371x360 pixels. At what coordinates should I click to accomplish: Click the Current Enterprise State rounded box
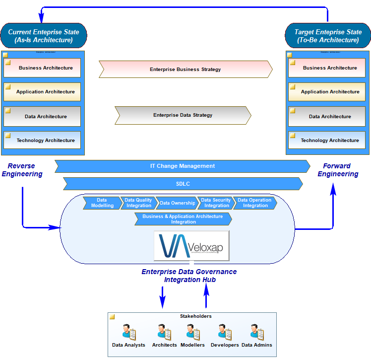(x=44, y=36)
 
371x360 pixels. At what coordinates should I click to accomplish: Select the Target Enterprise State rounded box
(x=327, y=36)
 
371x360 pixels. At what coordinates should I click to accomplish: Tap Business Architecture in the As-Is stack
(x=42, y=68)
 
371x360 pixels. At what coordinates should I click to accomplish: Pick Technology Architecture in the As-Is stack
(x=42, y=141)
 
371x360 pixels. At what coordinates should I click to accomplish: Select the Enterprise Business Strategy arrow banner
(x=185, y=70)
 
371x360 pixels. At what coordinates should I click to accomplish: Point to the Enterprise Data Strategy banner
(x=183, y=115)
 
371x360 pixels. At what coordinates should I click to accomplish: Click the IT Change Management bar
(x=183, y=166)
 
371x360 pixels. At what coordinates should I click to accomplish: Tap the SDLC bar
(x=183, y=184)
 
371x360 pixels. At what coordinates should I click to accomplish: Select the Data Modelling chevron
(x=102, y=203)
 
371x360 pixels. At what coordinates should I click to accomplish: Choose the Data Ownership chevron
(x=177, y=203)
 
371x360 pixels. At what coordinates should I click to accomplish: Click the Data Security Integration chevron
(x=215, y=203)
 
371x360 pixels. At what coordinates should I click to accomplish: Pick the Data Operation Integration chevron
(x=255, y=203)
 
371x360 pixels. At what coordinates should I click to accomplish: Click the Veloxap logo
(x=191, y=246)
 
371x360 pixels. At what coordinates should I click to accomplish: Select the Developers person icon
(x=225, y=332)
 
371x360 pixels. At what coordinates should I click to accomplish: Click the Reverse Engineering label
(x=22, y=170)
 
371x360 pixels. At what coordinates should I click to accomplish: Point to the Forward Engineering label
(x=338, y=170)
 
